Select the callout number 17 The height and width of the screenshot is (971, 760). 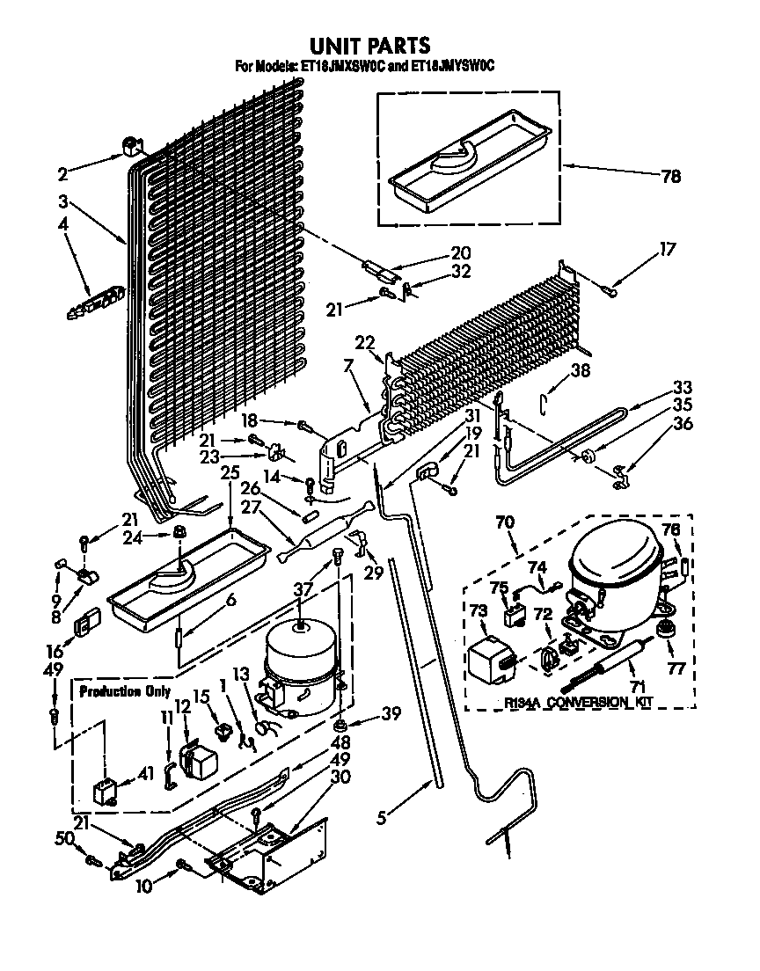point(667,249)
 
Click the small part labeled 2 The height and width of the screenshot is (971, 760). point(133,149)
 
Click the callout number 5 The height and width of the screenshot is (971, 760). point(381,818)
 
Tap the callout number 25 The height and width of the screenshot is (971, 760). point(230,498)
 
